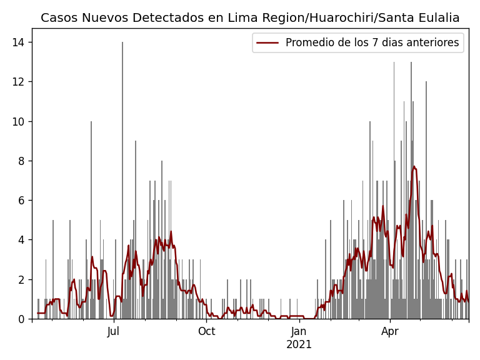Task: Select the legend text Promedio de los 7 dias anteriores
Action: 372,42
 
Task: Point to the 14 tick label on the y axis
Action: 19,42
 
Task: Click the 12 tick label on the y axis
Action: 19,81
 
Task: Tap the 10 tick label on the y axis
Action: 19,121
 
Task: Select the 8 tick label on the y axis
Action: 22,161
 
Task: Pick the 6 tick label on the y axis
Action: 22,200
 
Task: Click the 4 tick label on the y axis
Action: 22,239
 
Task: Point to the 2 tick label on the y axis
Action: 22,279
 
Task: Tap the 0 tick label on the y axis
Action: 22,319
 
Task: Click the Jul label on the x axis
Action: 113,331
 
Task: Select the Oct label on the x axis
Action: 206,331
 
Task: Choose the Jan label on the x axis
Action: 299,331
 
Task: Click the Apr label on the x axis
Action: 390,331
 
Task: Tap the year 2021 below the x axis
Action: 299,344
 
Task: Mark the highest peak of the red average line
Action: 414,166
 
